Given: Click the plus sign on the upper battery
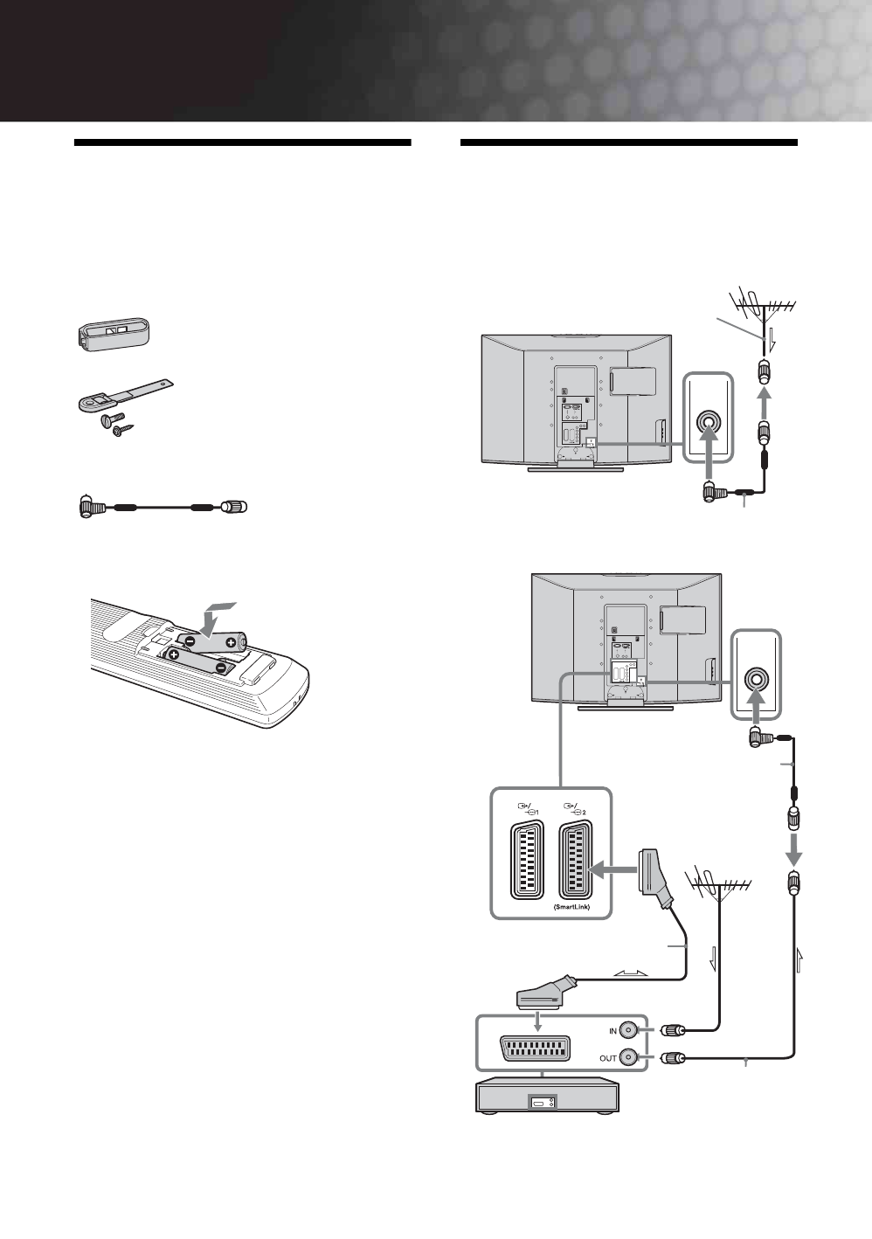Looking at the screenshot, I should pos(230,642).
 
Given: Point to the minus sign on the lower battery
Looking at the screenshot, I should pos(220,669).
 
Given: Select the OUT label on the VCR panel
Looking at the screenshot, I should pos(607,1058).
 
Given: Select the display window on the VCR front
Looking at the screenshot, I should pos(543,1104).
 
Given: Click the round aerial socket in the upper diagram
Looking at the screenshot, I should pos(708,418).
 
